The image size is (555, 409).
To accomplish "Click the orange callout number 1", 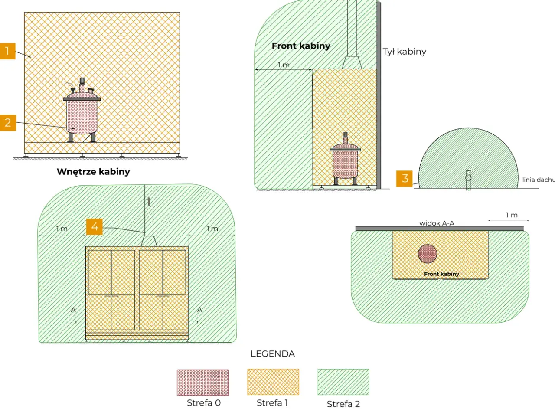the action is tap(7, 51).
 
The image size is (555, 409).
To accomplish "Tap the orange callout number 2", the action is tap(8, 122).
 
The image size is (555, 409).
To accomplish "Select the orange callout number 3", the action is tap(405, 178).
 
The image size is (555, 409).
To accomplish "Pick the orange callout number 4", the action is tap(95, 226).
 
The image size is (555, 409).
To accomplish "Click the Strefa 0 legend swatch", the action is tap(202, 382).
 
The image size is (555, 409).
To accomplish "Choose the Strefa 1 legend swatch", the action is tap(273, 382).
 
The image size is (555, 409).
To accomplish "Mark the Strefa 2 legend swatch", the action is tap(343, 382).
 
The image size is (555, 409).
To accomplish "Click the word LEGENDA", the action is tap(273, 354).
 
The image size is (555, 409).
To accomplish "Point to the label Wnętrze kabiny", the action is tap(93, 172).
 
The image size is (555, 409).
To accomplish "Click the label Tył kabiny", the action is tap(405, 52).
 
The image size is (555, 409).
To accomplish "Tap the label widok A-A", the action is tap(437, 223).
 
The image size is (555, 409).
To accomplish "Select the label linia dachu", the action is tap(539, 180).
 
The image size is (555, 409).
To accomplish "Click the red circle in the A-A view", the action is tap(428, 254).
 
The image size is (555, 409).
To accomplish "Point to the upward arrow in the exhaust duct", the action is tap(149, 202).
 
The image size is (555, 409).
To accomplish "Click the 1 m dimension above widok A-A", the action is tap(512, 215).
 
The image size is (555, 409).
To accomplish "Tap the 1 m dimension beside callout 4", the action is tap(62, 229).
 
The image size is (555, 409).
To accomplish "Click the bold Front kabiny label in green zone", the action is tap(301, 46).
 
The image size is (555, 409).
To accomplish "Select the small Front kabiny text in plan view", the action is tap(441, 274).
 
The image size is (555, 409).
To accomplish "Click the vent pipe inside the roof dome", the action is tap(468, 180).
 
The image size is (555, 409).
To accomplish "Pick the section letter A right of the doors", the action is tap(200, 310).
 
